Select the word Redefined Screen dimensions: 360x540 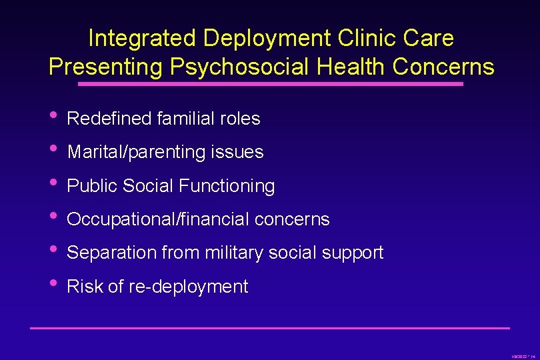[x=109, y=119]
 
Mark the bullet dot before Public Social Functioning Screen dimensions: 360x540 [x=53, y=183]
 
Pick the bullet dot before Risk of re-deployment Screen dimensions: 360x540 [x=53, y=284]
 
